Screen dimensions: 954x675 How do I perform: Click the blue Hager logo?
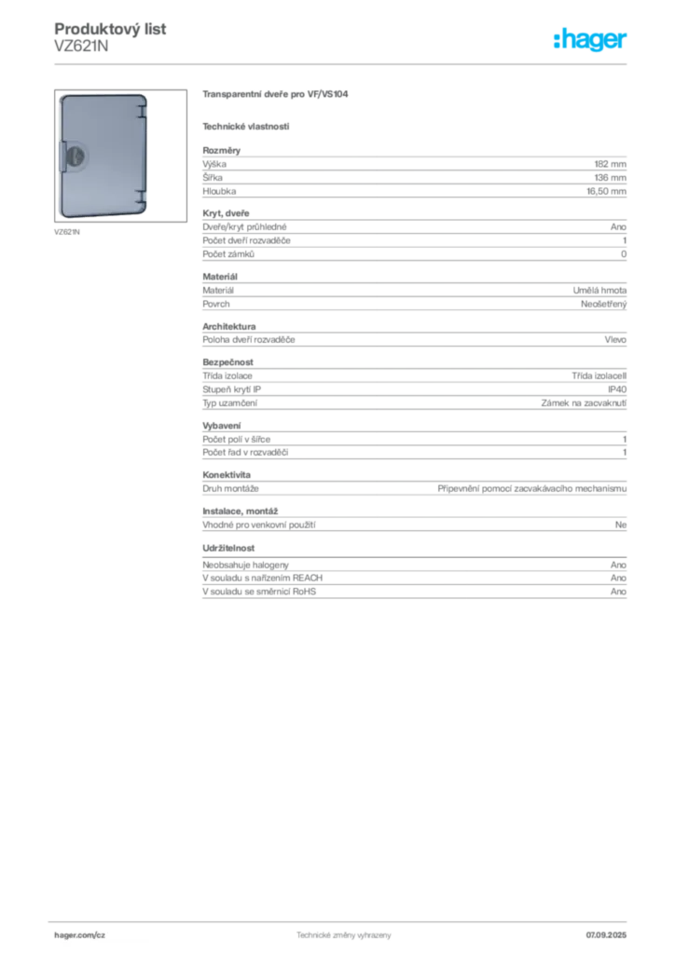591,40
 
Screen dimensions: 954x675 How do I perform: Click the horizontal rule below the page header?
343,63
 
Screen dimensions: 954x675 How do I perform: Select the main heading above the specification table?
276,95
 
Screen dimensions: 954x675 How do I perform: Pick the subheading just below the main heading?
246,126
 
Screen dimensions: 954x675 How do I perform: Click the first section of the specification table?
413,171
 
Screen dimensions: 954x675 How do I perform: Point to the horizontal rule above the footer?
343,920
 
